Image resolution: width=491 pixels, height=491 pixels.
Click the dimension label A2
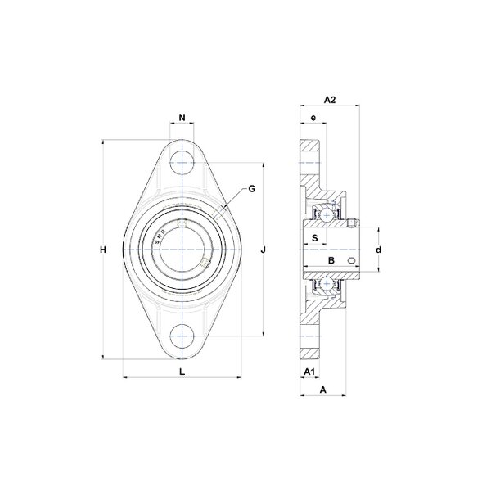[330, 100]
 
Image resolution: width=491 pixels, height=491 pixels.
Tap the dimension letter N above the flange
[182, 117]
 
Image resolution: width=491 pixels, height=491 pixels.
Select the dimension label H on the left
[103, 250]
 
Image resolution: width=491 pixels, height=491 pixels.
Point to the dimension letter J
[264, 250]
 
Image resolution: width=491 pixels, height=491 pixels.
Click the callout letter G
[251, 189]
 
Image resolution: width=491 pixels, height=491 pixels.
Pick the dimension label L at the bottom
[182, 372]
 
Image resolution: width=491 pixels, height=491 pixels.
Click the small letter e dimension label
[313, 118]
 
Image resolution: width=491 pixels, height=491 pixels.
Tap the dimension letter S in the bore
[315, 238]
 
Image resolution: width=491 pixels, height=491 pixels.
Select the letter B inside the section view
[331, 260]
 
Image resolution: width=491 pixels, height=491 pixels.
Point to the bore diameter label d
[379, 250]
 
